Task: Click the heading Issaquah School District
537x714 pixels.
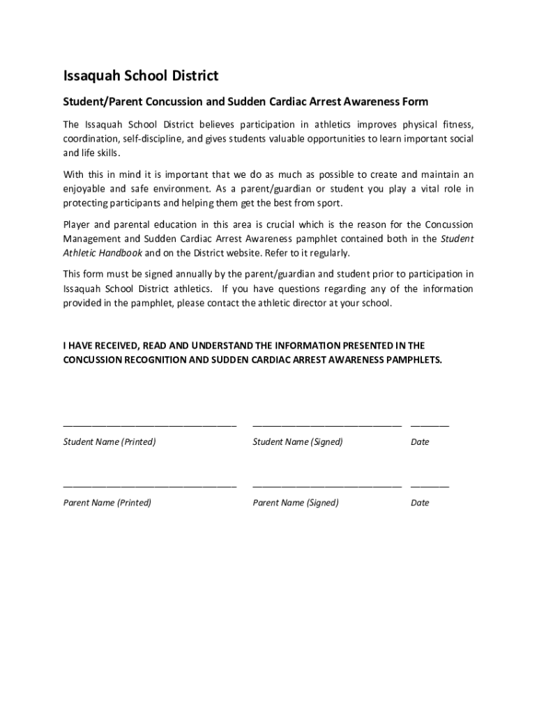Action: tap(141, 75)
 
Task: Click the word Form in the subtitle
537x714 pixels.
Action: tap(414, 102)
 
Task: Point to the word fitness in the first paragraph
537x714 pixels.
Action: tap(457, 125)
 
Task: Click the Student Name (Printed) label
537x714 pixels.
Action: tap(109, 442)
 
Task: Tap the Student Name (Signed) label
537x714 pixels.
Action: tap(297, 442)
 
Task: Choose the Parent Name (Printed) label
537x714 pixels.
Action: tap(107, 503)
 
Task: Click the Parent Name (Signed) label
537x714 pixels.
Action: tap(295, 503)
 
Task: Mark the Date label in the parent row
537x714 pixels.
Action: tap(420, 503)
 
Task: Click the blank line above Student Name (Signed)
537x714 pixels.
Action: tap(326, 425)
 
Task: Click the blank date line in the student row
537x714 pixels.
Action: tap(430, 425)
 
